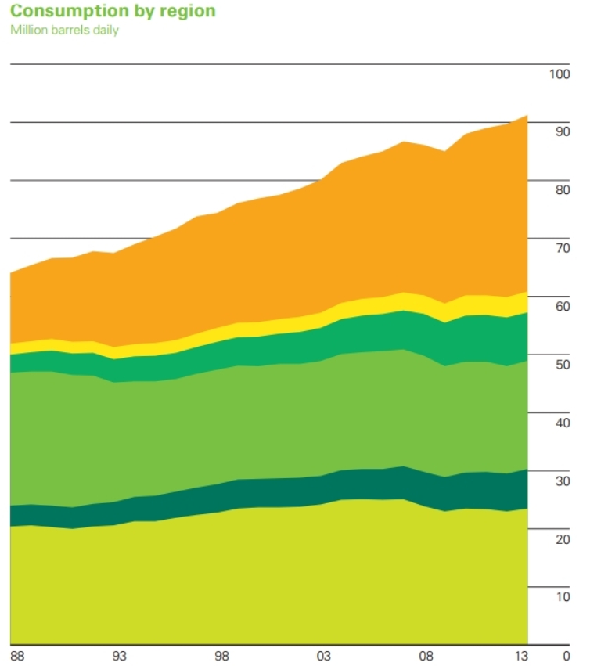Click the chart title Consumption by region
point(113,12)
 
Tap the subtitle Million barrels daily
point(64,31)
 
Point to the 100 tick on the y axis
point(560,75)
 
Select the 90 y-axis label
point(562,132)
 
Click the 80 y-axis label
point(562,190)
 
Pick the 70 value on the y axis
point(562,249)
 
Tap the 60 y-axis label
point(562,307)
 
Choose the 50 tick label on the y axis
point(562,365)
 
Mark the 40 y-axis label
point(562,423)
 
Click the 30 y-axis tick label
point(562,481)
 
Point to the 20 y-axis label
point(562,539)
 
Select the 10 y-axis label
point(562,597)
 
